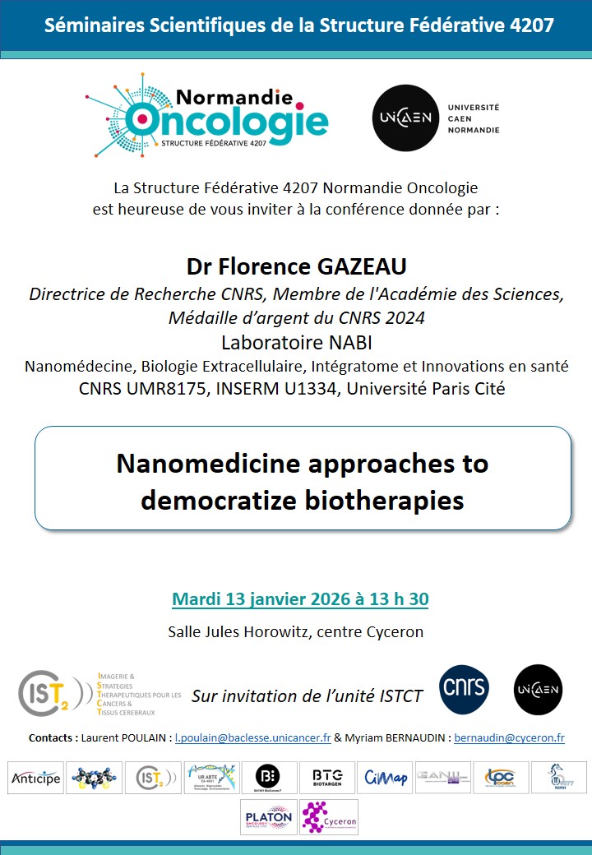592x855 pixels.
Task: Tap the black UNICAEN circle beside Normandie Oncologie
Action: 405,118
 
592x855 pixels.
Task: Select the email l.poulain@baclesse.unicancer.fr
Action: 253,737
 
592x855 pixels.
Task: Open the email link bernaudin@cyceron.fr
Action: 509,737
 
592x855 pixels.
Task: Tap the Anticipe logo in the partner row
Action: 35,778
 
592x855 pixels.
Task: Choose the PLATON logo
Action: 269,817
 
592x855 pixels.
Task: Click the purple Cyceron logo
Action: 328,817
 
